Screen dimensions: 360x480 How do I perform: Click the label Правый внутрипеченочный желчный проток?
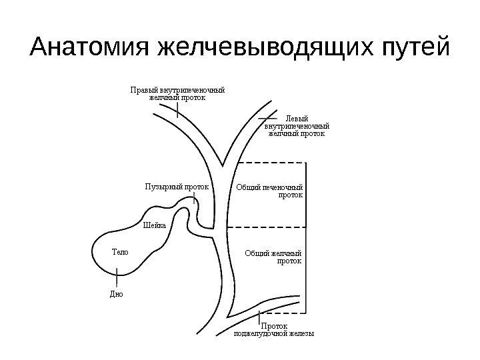point(177,93)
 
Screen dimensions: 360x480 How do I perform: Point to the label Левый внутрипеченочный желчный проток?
point(297,125)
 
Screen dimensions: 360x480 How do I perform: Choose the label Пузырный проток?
point(177,187)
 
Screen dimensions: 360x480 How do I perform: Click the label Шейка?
point(154,225)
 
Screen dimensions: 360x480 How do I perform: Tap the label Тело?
point(119,252)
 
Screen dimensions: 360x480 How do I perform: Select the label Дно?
point(116,293)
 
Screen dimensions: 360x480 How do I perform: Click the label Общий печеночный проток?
point(270,191)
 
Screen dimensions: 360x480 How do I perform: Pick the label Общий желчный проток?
point(273,257)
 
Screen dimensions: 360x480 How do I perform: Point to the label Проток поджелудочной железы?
point(274,329)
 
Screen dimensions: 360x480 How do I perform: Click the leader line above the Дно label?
point(117,277)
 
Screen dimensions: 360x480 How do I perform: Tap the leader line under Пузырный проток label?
point(194,199)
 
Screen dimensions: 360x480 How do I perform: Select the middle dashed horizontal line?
point(267,227)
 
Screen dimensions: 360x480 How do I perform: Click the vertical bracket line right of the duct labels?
point(306,233)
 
